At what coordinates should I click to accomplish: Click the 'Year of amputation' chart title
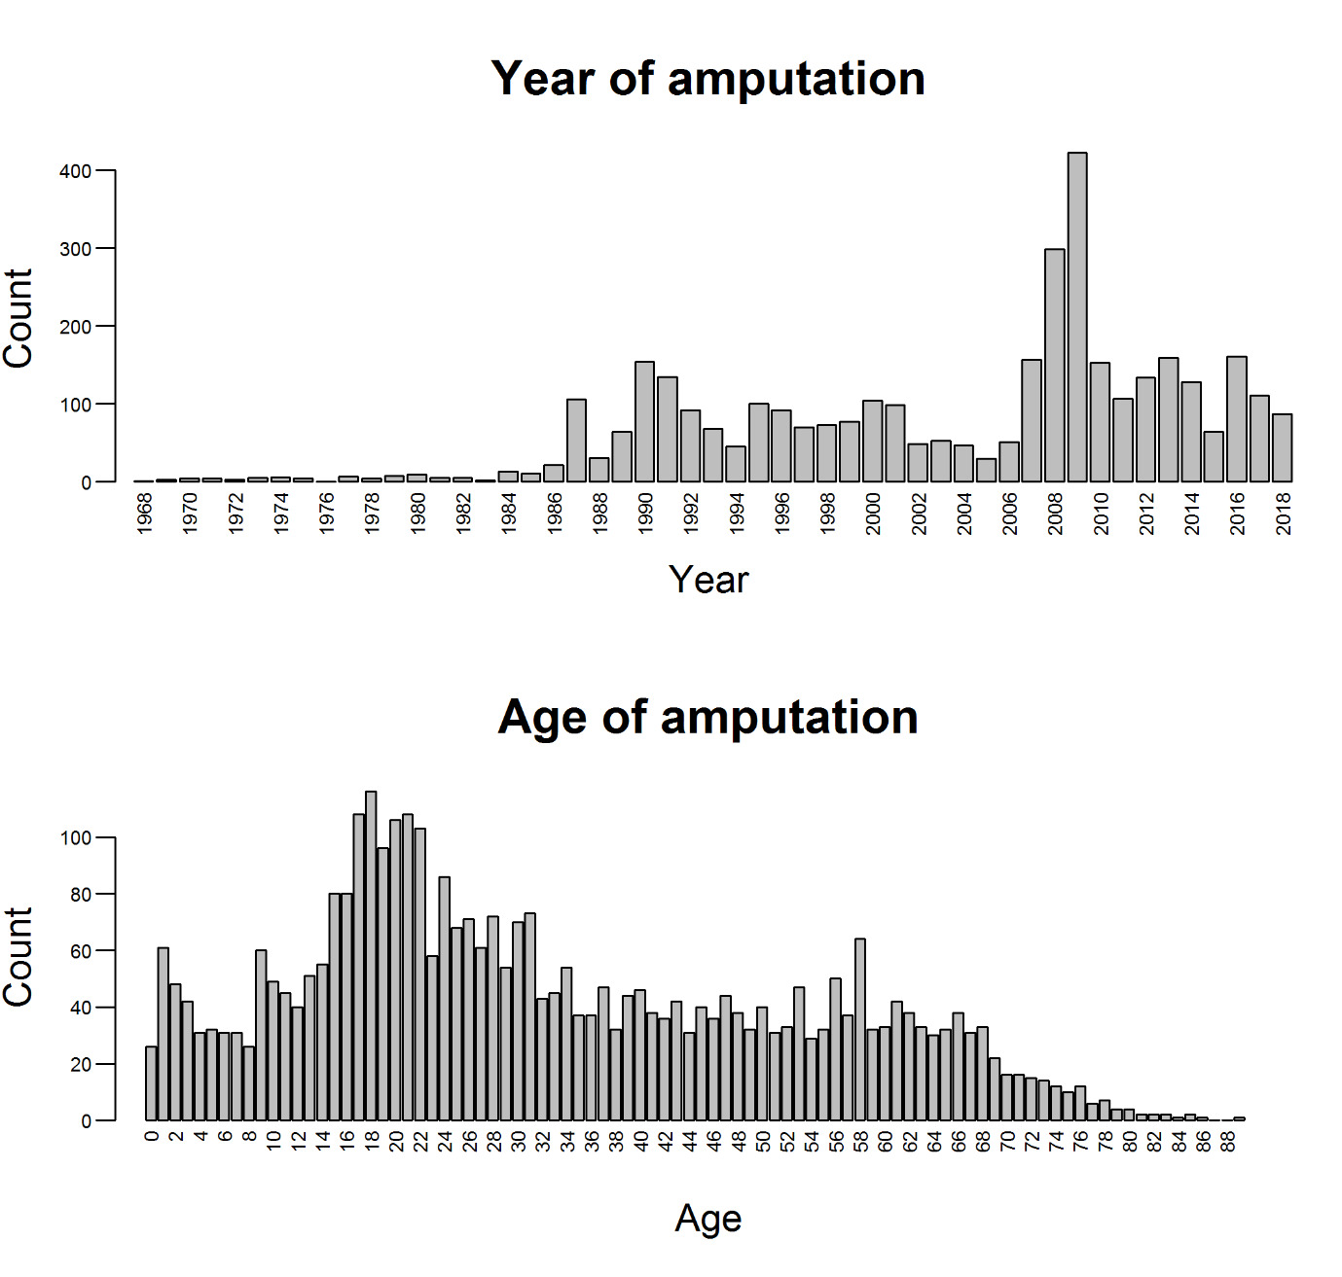coord(707,78)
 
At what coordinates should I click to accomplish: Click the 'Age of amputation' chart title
coord(707,717)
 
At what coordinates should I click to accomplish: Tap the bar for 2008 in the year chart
coord(1054,365)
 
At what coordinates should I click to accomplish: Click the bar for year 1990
coord(644,421)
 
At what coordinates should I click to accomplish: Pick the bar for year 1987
coord(576,440)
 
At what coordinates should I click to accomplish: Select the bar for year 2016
coord(1237,418)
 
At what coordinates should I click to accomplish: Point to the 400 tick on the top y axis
coord(75,171)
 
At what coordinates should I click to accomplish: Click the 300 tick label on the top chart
coord(75,249)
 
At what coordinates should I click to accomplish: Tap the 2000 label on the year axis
coord(873,513)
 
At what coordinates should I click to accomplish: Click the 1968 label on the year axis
coord(144,513)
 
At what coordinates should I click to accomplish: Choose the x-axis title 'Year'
coord(708,580)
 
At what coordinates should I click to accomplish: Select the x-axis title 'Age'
coord(708,1218)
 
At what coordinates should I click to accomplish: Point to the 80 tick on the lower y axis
coord(79,895)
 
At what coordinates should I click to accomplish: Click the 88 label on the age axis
coord(1229,1140)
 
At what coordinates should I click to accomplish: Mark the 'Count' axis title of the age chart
coord(19,957)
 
